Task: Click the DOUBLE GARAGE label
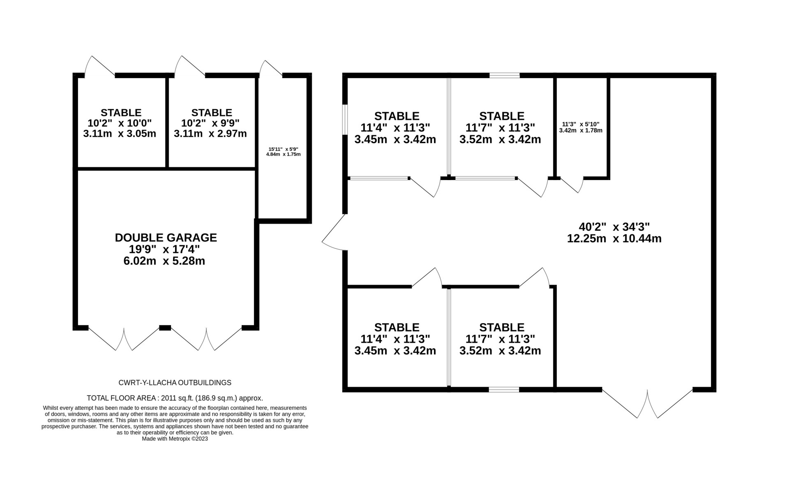[166, 238]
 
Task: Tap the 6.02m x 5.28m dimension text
[164, 261]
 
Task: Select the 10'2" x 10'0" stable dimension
[120, 123]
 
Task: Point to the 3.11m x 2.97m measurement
[210, 134]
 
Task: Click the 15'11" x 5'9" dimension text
[283, 149]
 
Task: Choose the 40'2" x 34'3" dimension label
[614, 227]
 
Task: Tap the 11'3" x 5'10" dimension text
[581, 124]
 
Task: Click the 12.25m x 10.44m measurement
[614, 238]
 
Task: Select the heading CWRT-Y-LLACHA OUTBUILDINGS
[175, 383]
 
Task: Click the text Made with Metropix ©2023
[175, 439]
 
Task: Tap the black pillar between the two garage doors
[165, 328]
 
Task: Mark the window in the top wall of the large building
[505, 75]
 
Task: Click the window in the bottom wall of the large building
[504, 390]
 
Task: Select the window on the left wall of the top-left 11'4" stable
[345, 119]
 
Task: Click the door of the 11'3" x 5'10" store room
[572, 185]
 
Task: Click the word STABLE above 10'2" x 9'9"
[212, 113]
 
